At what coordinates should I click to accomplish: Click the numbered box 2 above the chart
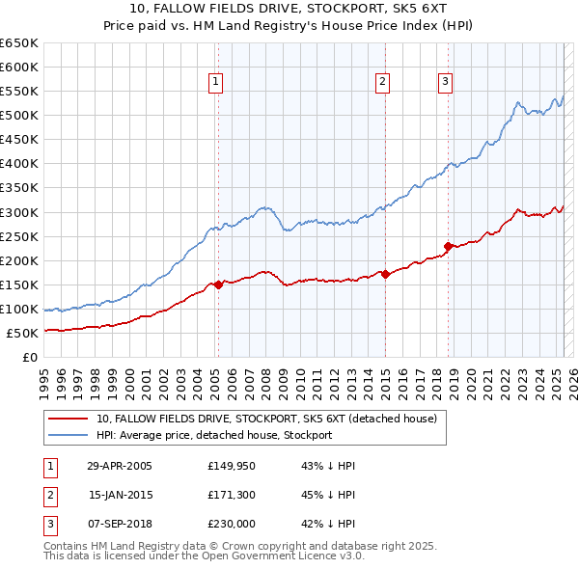[383, 82]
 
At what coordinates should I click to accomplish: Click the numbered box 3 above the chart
[446, 82]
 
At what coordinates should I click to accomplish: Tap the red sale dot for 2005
[218, 284]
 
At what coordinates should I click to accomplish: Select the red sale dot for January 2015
[385, 274]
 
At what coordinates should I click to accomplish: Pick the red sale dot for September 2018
[449, 246]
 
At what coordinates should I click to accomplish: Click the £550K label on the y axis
[18, 92]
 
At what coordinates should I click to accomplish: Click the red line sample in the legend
[69, 419]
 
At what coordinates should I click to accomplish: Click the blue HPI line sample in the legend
[69, 435]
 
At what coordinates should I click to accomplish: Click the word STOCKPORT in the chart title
[329, 12]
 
